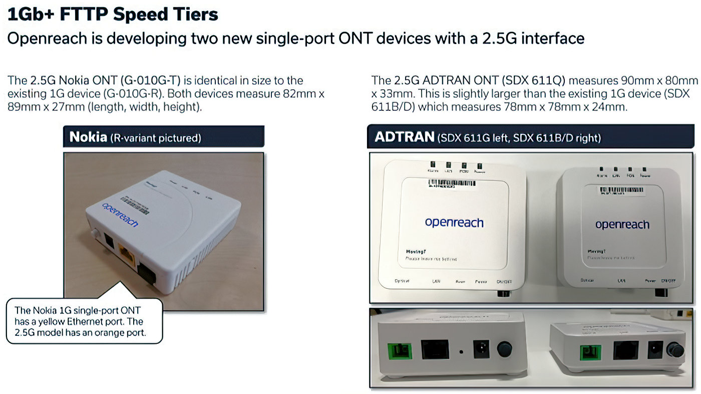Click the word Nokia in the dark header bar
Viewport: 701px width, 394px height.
[88, 137]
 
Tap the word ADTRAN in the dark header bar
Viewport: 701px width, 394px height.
[404, 137]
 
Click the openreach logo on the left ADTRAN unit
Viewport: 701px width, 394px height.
[454, 222]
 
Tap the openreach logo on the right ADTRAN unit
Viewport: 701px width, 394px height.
[622, 225]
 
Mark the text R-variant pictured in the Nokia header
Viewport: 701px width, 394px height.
[155, 138]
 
